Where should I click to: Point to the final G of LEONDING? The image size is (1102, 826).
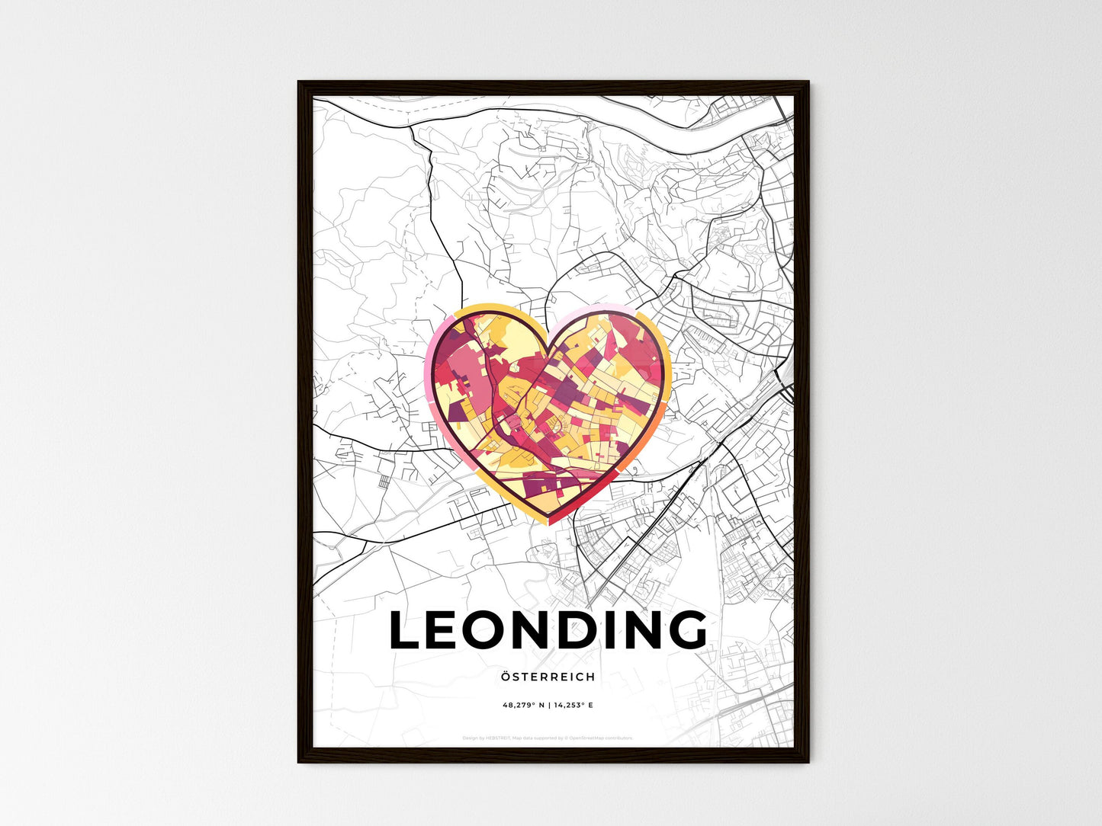pyautogui.click(x=686, y=630)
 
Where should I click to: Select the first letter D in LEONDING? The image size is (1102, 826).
pyautogui.click(x=592, y=630)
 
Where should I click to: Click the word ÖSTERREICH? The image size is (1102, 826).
pyautogui.click(x=548, y=677)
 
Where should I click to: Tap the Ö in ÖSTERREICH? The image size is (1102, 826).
pyautogui.click(x=506, y=677)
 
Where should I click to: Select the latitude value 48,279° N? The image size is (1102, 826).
pyautogui.click(x=524, y=706)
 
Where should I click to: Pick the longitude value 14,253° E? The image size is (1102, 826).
pyautogui.click(x=573, y=706)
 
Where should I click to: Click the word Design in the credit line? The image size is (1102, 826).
pyautogui.click(x=469, y=738)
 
